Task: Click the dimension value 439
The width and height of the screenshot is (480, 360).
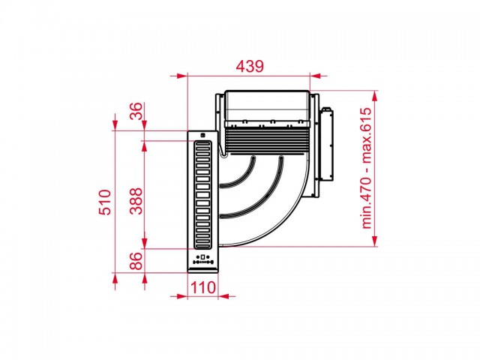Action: (x=250, y=67)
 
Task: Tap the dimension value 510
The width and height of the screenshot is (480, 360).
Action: (x=104, y=202)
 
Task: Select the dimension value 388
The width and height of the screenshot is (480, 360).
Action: (x=136, y=201)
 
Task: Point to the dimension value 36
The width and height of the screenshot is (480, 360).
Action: (x=136, y=111)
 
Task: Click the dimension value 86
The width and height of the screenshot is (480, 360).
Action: (x=136, y=260)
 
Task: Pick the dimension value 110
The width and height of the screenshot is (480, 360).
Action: (x=203, y=288)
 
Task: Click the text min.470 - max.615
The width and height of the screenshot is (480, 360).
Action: (x=367, y=168)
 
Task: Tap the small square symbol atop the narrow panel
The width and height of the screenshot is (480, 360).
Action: (x=202, y=135)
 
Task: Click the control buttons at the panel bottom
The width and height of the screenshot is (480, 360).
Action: (x=202, y=260)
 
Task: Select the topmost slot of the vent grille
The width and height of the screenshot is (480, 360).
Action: (x=203, y=144)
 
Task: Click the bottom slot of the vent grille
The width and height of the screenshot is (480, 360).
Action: (x=203, y=244)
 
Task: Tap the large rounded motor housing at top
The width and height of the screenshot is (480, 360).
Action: (x=267, y=106)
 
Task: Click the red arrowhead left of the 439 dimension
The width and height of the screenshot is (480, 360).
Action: (x=181, y=76)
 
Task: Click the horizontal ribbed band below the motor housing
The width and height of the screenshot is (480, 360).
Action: (x=266, y=140)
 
